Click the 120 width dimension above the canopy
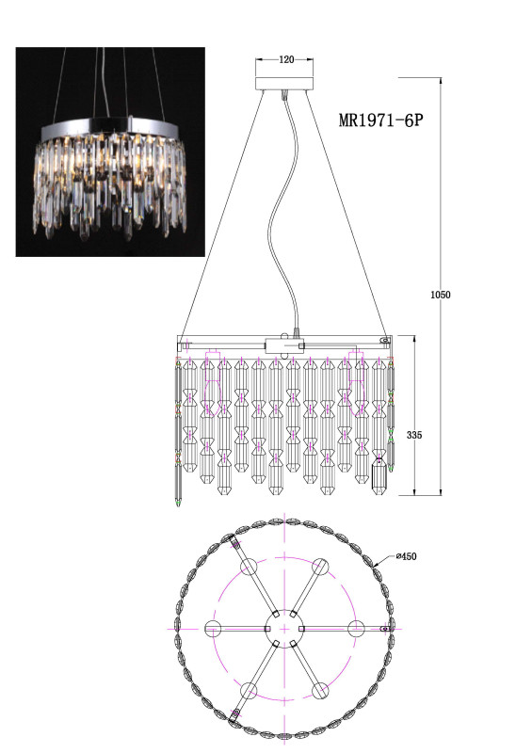(286, 59)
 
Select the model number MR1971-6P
(381, 120)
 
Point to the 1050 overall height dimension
(441, 295)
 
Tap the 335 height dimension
(414, 435)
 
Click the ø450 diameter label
(406, 556)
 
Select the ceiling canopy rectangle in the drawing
(284, 83)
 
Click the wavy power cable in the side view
(283, 211)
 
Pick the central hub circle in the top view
(285, 629)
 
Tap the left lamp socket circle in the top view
(213, 629)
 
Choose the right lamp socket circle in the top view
(356, 629)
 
